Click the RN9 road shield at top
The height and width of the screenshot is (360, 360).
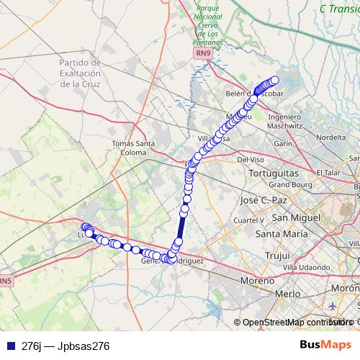(x=204, y=53)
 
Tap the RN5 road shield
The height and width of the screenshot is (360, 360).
(x=6, y=280)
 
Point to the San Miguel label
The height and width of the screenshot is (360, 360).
(x=295, y=217)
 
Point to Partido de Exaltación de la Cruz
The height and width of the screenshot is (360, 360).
(x=81, y=73)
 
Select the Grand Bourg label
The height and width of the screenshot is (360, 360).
(x=294, y=184)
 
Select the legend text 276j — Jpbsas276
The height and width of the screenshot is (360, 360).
(x=66, y=346)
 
